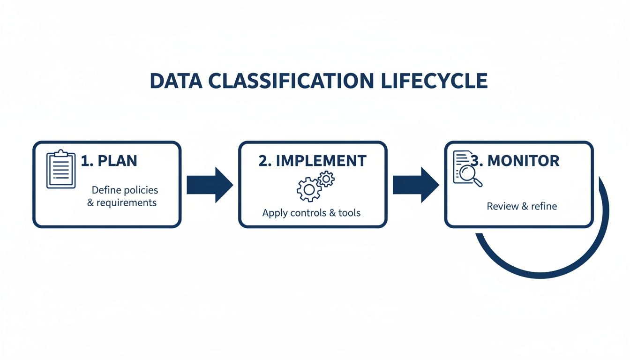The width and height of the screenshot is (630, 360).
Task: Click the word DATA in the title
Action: point(176,81)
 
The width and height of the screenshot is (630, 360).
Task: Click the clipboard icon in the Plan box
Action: point(61,169)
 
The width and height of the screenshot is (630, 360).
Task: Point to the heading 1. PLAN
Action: point(109,161)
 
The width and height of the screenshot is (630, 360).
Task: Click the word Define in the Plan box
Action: point(107,190)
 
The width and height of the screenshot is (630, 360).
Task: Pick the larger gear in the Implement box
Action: point(309,190)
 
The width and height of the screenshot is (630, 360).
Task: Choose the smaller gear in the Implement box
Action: point(326,179)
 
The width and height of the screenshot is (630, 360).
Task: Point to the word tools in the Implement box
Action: point(350,213)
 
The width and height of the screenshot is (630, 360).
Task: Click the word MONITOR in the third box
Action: point(524,161)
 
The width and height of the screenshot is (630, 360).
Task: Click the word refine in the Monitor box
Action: point(544,206)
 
